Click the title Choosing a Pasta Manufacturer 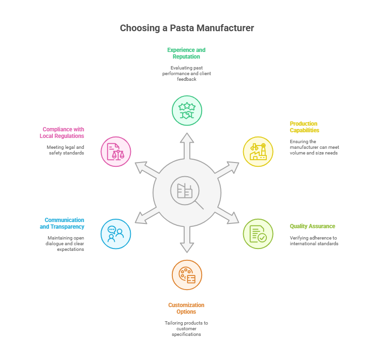(187, 28)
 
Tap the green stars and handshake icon (187, 111)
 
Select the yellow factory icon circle (258, 151)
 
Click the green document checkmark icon (258, 234)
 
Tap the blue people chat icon (116, 234)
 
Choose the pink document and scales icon (116, 151)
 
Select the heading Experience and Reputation (187, 53)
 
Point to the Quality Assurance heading (313, 226)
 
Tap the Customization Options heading (187, 308)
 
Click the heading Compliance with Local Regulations (62, 132)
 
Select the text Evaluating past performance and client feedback (187, 73)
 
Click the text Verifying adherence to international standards (314, 240)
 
